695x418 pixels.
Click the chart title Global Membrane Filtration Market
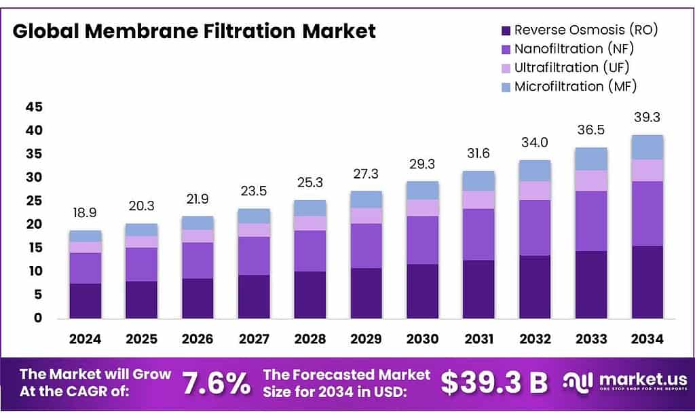194,31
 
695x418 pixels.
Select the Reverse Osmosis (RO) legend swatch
506,30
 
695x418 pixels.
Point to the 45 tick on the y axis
34,107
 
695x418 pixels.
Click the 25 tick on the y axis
34,201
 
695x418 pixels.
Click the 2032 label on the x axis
534,339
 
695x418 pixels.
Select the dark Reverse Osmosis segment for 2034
646,282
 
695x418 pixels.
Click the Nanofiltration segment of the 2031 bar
478,234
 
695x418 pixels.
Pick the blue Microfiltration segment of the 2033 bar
590,159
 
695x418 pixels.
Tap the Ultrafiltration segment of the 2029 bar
365,216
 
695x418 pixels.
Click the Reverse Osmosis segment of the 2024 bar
85,301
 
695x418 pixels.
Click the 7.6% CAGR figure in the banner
217,384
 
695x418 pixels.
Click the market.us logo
625,382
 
